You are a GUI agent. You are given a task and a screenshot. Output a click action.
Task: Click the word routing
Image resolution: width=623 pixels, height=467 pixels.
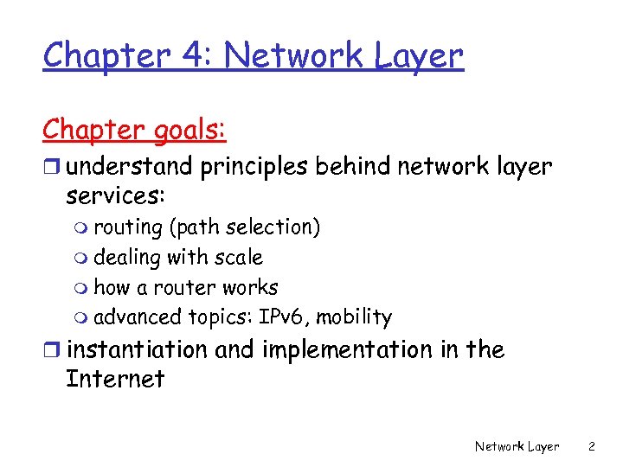tap(128, 227)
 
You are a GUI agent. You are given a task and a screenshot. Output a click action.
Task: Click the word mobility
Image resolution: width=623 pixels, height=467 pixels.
tap(354, 317)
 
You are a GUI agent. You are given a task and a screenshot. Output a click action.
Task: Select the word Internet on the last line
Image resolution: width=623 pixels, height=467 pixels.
tap(115, 380)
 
